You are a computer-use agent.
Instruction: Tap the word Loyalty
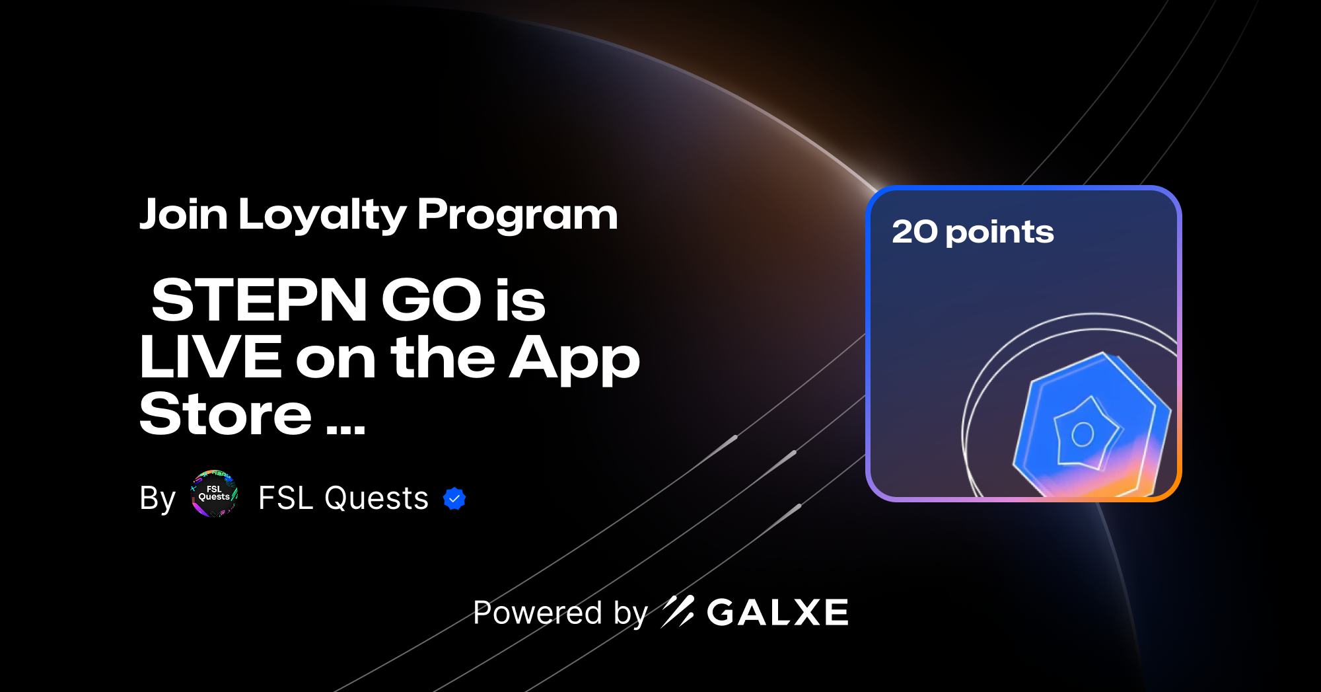tap(323, 215)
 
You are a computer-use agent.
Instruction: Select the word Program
tap(517, 215)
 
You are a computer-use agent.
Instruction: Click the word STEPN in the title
tap(260, 300)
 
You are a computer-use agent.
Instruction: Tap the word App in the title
tap(574, 359)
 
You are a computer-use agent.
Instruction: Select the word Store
tap(225, 414)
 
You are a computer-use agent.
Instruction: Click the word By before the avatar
tap(157, 498)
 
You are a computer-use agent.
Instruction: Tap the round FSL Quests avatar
tap(214, 494)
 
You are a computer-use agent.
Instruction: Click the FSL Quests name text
tap(343, 498)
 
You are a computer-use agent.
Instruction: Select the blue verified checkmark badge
tap(454, 499)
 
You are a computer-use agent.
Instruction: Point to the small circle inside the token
tap(1083, 434)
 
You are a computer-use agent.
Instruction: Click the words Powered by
tap(560, 613)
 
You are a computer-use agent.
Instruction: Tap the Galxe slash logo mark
tap(678, 611)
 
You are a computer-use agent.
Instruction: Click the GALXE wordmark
tap(777, 613)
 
